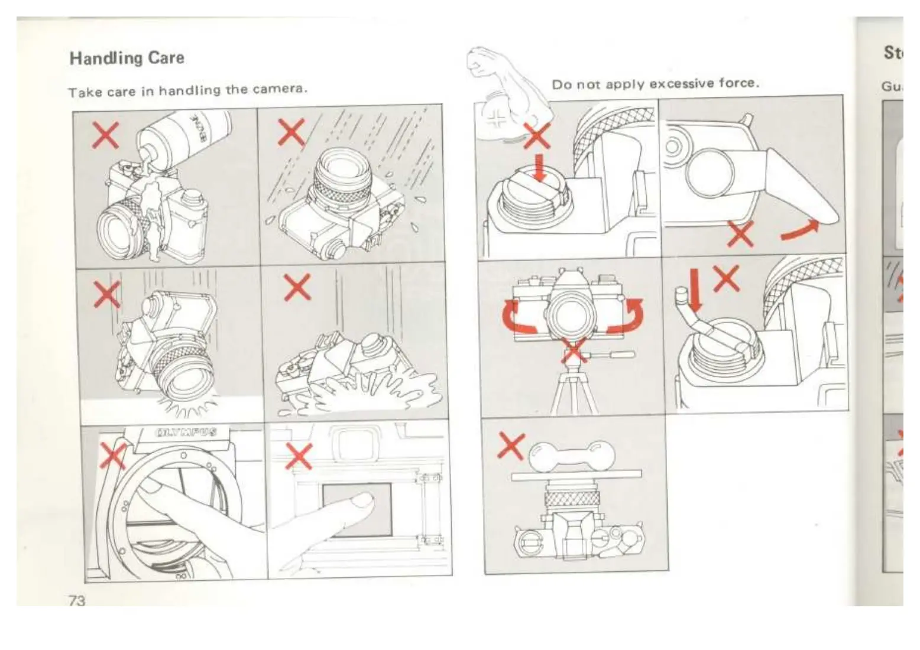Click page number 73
(77, 600)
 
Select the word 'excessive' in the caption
(679, 83)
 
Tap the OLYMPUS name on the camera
(185, 433)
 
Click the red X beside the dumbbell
(511, 445)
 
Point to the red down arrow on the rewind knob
(539, 168)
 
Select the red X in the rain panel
(291, 132)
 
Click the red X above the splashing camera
(297, 287)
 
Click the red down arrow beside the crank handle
(695, 290)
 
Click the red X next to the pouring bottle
(105, 135)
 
